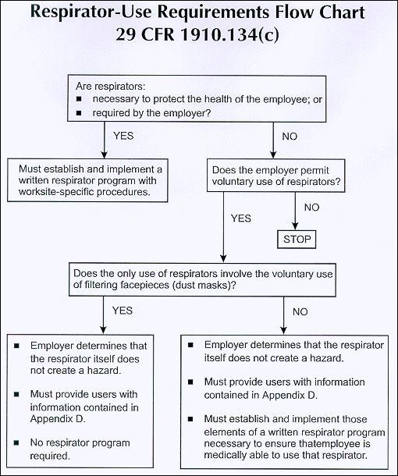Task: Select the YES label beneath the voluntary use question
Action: [240, 218]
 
